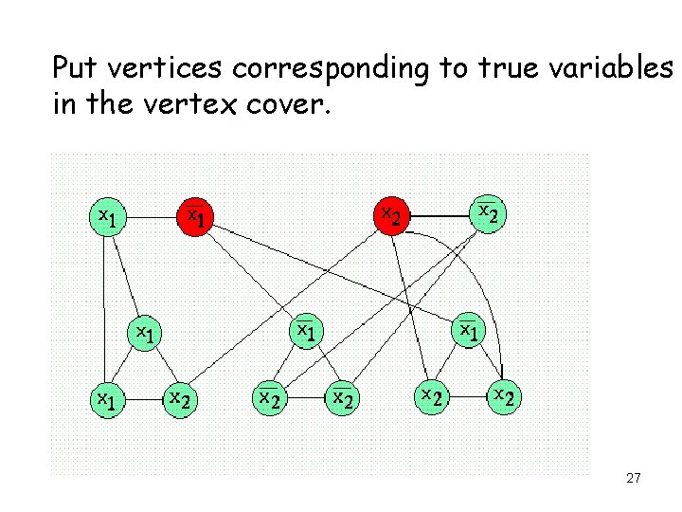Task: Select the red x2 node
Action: (390, 217)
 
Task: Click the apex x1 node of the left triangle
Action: (143, 334)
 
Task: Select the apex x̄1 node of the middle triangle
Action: (305, 332)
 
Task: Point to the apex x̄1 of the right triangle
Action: (468, 331)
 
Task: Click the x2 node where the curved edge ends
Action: (503, 397)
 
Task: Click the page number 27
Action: (634, 479)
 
